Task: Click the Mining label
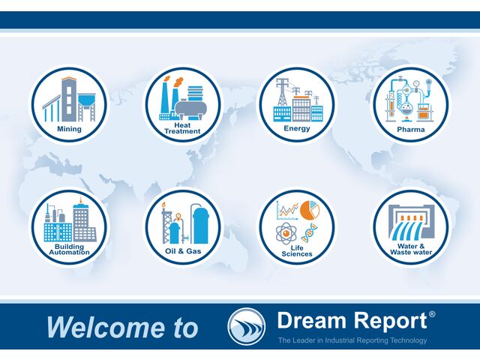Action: pos(69,129)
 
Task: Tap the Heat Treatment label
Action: pos(182,128)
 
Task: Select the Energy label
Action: pos(296,129)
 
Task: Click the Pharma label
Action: pos(410,129)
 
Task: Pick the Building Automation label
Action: pos(69,249)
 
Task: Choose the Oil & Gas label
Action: pos(182,250)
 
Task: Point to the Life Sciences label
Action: pos(296,251)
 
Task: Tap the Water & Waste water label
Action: pos(410,249)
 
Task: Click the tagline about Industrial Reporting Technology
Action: pos(352,340)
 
